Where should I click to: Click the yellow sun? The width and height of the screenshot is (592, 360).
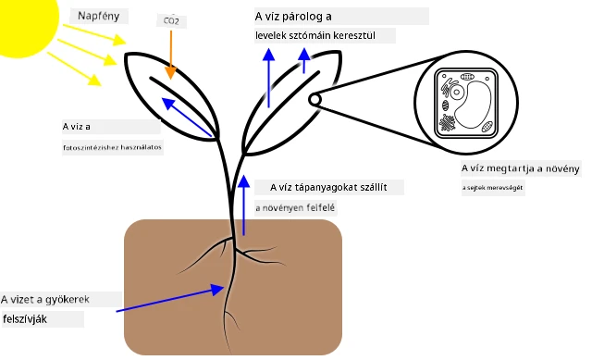point(27,22)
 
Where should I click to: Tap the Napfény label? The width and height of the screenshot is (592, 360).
point(99,16)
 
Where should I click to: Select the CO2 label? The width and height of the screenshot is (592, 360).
point(171,20)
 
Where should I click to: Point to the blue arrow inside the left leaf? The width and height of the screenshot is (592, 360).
point(187,118)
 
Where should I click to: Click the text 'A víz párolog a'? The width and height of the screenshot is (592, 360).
point(293,17)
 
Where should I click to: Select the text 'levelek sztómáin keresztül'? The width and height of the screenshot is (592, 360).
point(315,35)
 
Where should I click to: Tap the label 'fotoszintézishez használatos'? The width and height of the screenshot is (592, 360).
point(112,147)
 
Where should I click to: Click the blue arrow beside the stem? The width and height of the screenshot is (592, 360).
point(244,205)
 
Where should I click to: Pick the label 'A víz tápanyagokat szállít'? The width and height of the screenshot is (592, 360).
point(328,187)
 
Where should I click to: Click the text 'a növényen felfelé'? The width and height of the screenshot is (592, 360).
point(295,208)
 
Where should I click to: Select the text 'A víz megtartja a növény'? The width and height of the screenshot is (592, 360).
point(520,168)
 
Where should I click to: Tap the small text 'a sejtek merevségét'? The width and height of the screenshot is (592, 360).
point(492,187)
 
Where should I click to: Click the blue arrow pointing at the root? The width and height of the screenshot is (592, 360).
point(170,298)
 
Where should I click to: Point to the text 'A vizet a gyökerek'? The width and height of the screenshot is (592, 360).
point(45,300)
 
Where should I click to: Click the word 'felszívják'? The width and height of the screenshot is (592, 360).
point(25,319)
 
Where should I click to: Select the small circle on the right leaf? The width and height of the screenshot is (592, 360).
point(314,100)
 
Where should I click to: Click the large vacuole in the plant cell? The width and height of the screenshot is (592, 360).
point(473,105)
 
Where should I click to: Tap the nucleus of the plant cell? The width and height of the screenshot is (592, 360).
point(457,93)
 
